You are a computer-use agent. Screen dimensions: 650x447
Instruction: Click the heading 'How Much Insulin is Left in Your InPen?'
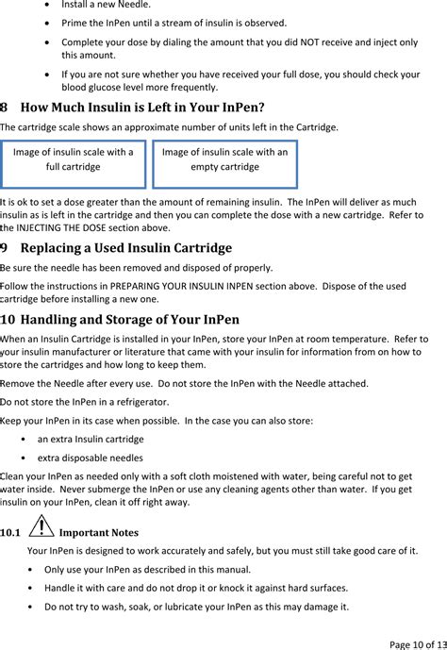141,108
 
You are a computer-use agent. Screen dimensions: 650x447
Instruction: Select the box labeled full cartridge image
74,159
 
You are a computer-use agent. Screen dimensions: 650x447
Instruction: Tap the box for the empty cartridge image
224,159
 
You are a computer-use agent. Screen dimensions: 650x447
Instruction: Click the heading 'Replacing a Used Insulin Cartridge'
125,249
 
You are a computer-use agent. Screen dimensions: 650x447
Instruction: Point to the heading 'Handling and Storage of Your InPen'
129,319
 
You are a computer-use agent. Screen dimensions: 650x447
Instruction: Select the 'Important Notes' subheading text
98,533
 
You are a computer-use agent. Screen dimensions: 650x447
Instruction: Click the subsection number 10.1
10,533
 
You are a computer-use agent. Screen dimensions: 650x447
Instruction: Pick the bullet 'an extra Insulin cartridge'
91,439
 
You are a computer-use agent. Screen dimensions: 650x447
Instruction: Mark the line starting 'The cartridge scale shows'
169,126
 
